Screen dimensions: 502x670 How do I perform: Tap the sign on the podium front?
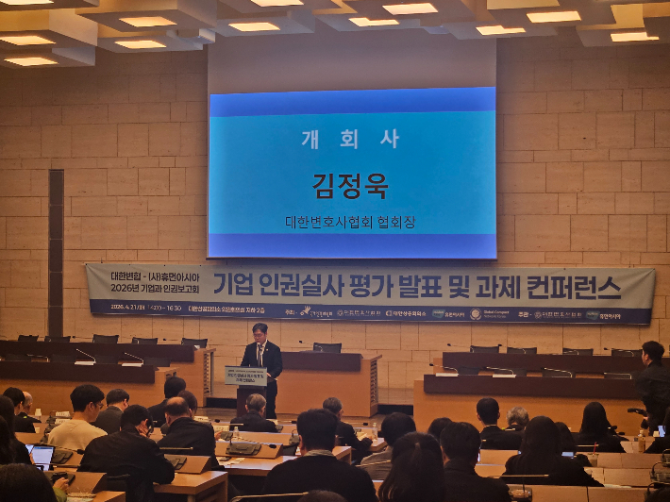tap(244, 375)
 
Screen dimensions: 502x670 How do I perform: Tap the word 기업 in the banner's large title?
tap(234, 283)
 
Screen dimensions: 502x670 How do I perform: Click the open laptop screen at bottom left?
tap(42, 457)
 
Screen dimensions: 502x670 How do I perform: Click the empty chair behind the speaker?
tap(327, 347)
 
